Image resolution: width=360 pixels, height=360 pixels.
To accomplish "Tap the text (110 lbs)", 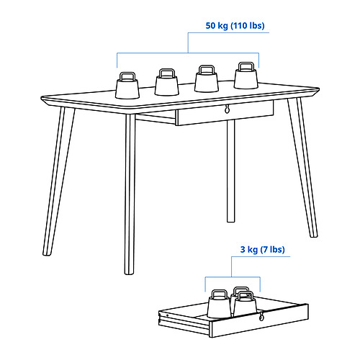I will coord(248,27).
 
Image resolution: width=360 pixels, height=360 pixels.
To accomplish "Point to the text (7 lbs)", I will coord(274,250).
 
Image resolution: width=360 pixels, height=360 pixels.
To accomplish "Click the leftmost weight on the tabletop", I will coord(127,88).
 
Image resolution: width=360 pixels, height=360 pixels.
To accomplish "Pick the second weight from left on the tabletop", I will coord(167,84).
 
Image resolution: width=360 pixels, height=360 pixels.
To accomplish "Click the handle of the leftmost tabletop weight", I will coord(127,75).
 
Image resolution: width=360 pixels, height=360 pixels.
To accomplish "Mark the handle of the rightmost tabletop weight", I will coord(246,66).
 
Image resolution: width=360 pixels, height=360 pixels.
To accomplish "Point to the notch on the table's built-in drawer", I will coord(227,109).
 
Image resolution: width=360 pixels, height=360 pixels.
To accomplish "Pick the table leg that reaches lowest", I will coord(130,202).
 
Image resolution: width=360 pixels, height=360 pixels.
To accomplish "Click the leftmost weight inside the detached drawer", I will coord(218,305).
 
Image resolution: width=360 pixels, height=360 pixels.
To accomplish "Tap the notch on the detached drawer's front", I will coord(261,318).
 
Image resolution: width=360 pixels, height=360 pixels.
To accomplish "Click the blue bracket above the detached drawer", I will coord(232,278).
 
